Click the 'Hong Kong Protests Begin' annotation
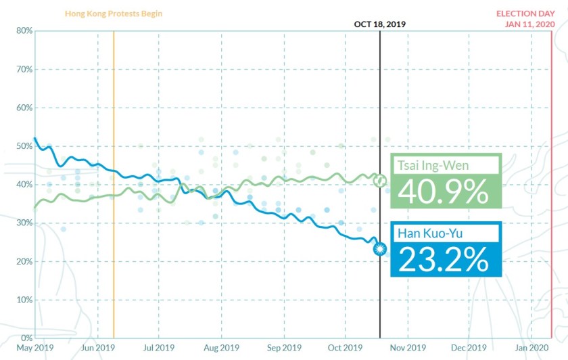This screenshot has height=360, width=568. (x=114, y=14)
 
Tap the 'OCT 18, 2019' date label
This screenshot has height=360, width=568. (x=380, y=24)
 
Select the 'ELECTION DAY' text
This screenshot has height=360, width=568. (x=525, y=14)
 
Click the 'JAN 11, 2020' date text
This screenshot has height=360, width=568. (x=529, y=24)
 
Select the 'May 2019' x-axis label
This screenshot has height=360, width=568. (x=35, y=348)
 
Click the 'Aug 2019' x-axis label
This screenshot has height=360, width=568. (x=221, y=348)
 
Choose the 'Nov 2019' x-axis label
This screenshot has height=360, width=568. (x=408, y=348)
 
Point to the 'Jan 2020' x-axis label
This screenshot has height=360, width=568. (x=531, y=348)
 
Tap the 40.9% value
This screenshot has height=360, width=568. (x=444, y=192)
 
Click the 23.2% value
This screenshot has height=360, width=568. (x=444, y=260)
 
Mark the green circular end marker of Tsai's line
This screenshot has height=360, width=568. (x=380, y=181)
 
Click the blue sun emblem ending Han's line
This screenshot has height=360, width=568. (x=380, y=250)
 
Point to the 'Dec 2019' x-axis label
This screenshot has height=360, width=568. (x=469, y=348)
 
